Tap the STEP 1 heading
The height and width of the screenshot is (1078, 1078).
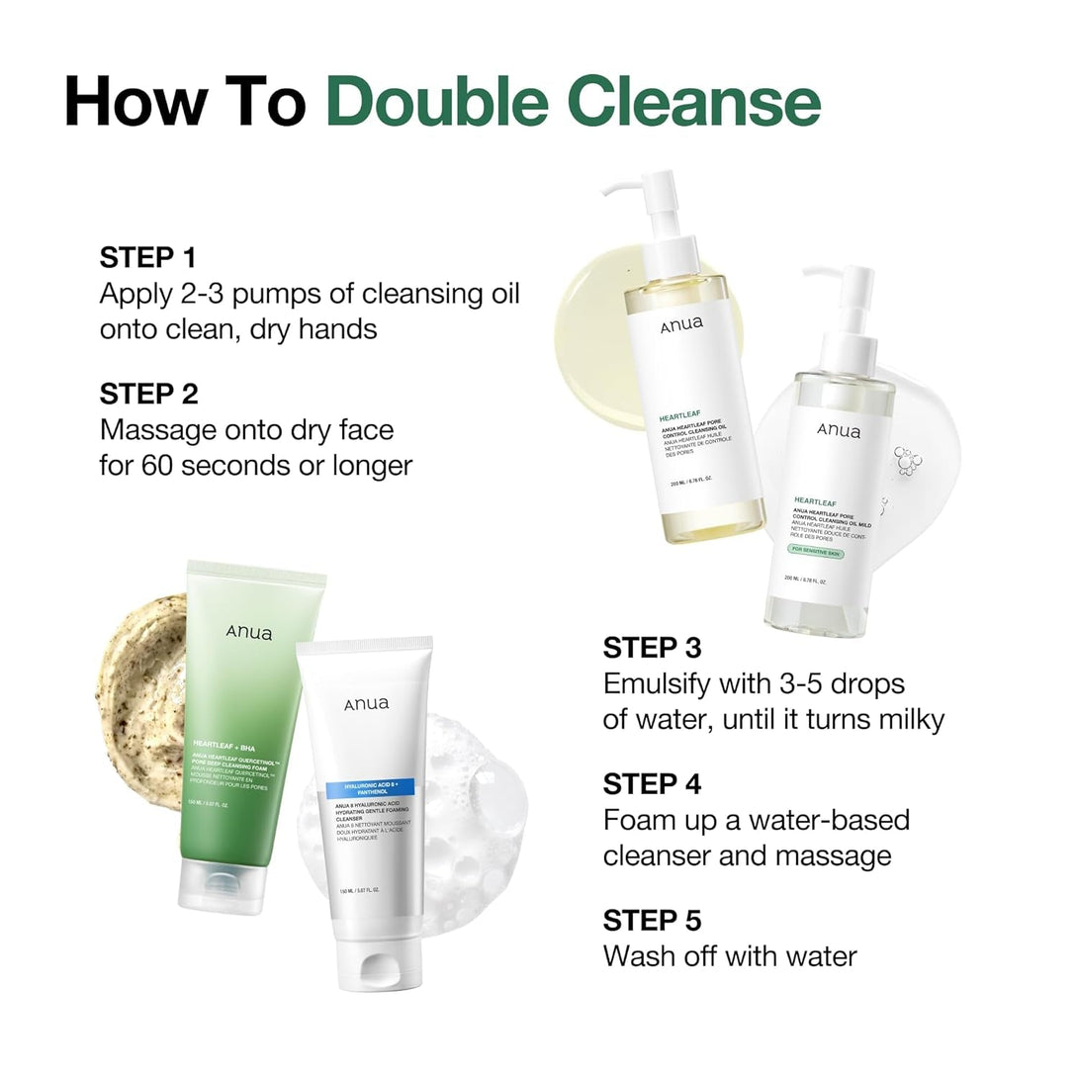(148, 258)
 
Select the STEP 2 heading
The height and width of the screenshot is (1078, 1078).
(149, 394)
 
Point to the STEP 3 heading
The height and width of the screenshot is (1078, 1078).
(653, 648)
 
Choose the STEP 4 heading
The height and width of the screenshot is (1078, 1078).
(653, 784)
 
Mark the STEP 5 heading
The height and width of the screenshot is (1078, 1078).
(653, 920)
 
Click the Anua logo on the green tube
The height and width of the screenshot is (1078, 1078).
(248, 633)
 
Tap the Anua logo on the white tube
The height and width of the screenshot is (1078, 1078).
(367, 704)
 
